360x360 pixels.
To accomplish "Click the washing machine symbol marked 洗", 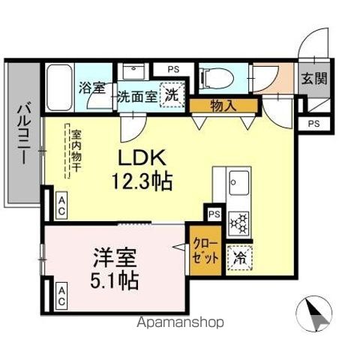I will (x=172, y=96).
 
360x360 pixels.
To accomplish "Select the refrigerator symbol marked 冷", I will (x=240, y=256).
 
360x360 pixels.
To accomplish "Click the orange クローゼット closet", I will (x=204, y=250).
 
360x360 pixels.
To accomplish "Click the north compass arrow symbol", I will (x=318, y=313).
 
